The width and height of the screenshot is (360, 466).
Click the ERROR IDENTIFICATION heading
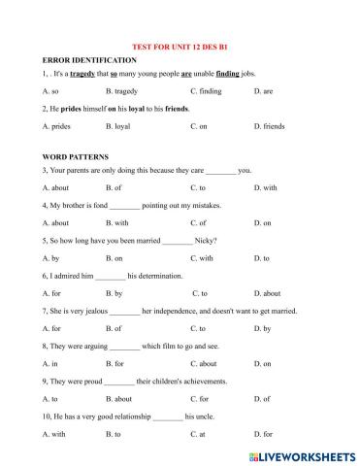coord(82,59)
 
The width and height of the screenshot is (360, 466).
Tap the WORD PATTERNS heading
coord(76,155)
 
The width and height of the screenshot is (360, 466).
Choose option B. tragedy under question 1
coord(123,91)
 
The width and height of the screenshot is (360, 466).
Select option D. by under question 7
coord(262,328)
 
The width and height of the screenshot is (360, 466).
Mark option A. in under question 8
coord(49,363)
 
